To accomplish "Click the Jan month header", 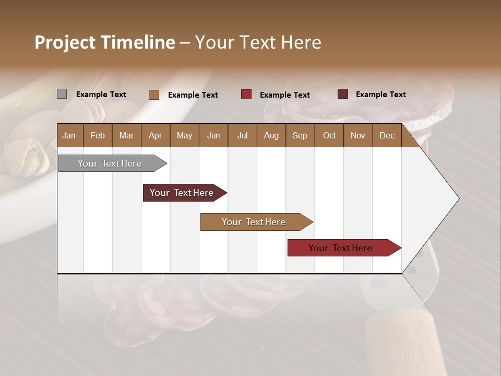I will click(x=69, y=135).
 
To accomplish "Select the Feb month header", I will click(x=98, y=135).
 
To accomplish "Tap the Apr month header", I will click(x=155, y=135).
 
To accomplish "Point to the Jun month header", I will click(x=213, y=135).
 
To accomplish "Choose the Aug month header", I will click(x=271, y=135).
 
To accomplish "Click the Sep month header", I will click(x=300, y=135).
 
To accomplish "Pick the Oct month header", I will click(x=329, y=135).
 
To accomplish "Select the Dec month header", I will click(x=387, y=135).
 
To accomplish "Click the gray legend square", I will click(x=62, y=94).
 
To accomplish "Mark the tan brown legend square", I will click(x=153, y=95).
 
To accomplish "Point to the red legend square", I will click(x=246, y=95).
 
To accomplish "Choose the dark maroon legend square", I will click(x=342, y=94).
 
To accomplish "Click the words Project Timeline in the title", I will click(x=104, y=42).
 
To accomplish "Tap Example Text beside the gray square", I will click(x=101, y=95).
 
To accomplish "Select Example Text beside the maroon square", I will click(x=381, y=95).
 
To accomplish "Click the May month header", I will click(x=184, y=135).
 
